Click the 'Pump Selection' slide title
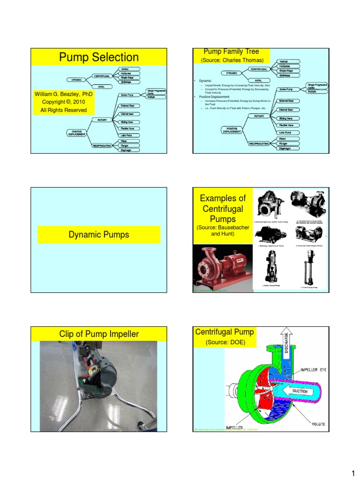(98, 57)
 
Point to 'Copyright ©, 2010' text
(64, 102)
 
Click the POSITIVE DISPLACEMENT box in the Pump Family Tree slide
(232, 130)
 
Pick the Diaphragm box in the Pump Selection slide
(125, 150)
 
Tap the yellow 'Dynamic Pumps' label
(98, 235)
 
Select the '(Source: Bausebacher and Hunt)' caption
(223, 231)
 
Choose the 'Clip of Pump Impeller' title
(98, 334)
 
